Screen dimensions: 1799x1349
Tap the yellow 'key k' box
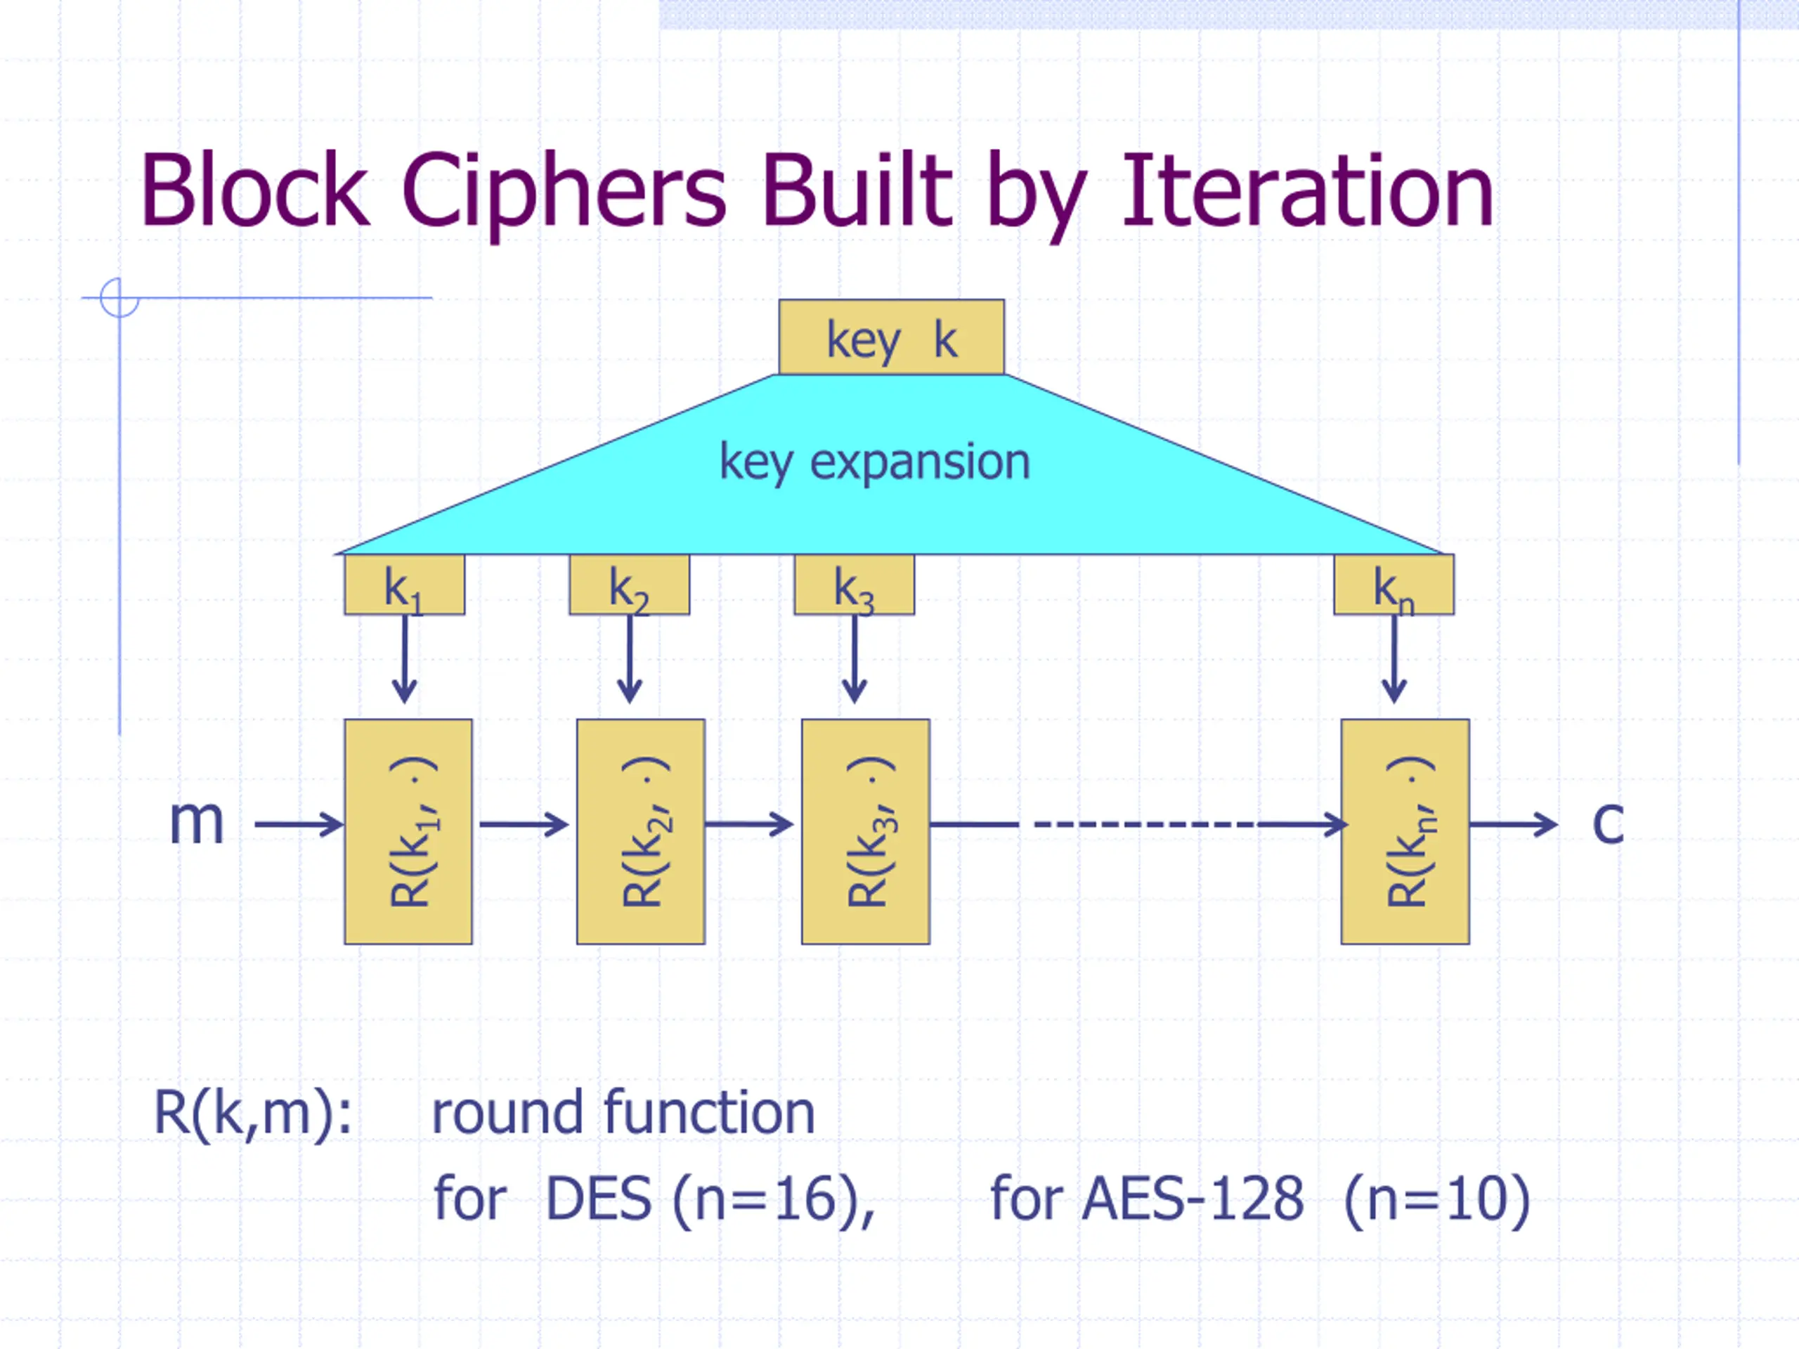coord(891,337)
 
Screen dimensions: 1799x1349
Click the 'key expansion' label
coord(875,462)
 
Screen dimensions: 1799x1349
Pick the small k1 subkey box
coord(404,585)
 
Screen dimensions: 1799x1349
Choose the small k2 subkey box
coord(630,585)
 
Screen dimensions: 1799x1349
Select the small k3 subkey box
coord(854,585)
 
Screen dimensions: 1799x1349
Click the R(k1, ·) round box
coord(408,831)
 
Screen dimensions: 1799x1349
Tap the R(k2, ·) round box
coord(641,831)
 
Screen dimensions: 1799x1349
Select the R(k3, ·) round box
coord(865,831)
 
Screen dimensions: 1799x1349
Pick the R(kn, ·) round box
coord(1405,831)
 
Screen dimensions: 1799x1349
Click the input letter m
coord(196,822)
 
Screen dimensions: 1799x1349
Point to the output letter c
coord(1608,822)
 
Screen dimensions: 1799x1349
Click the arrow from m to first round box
coord(299,825)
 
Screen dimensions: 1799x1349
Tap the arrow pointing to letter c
coord(1514,825)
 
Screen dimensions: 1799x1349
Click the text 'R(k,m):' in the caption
coord(253,1113)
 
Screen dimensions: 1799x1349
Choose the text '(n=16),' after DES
coord(774,1199)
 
